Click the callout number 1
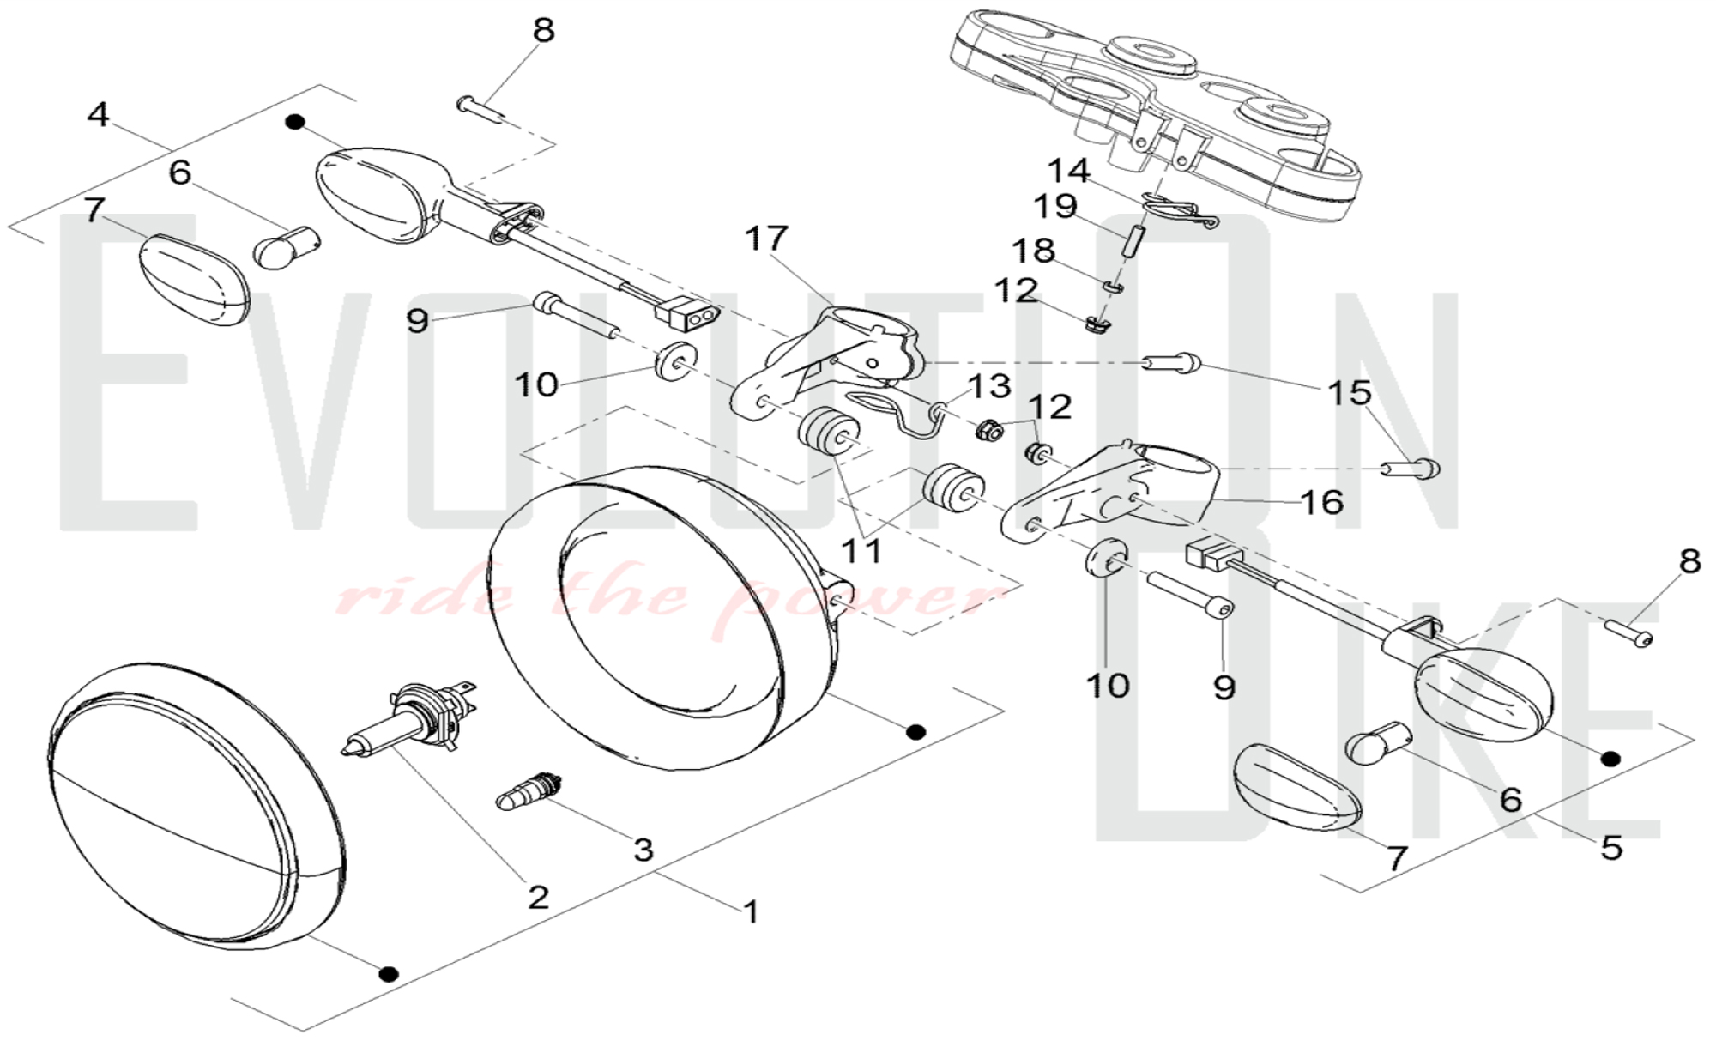click(x=751, y=911)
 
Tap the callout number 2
click(x=538, y=897)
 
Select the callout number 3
click(x=643, y=850)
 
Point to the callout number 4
click(x=99, y=113)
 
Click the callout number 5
click(x=1612, y=848)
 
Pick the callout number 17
click(x=766, y=239)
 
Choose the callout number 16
click(x=1321, y=502)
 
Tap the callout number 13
click(x=989, y=386)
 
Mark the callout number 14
click(x=1068, y=171)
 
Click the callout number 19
click(x=1054, y=206)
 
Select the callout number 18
click(x=1033, y=251)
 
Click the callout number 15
click(x=1350, y=393)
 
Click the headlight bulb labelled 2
click(x=412, y=721)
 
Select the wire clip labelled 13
click(x=892, y=412)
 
